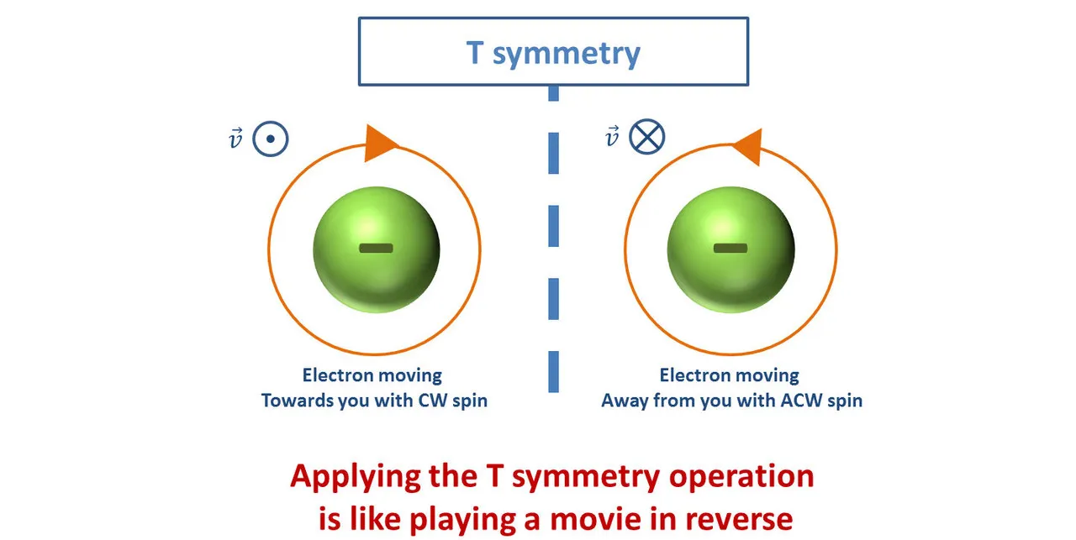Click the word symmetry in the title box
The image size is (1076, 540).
point(567,54)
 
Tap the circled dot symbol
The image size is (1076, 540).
point(271,139)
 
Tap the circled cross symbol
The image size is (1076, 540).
point(647,136)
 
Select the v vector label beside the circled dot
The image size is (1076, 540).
point(235,139)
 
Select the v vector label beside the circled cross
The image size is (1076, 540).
point(613,136)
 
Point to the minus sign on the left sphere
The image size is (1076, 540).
point(376,248)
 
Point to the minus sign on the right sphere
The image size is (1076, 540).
point(730,248)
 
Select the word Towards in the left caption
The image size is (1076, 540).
point(295,401)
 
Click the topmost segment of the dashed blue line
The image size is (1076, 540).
point(553,92)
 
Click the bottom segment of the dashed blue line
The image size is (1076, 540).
point(553,372)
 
